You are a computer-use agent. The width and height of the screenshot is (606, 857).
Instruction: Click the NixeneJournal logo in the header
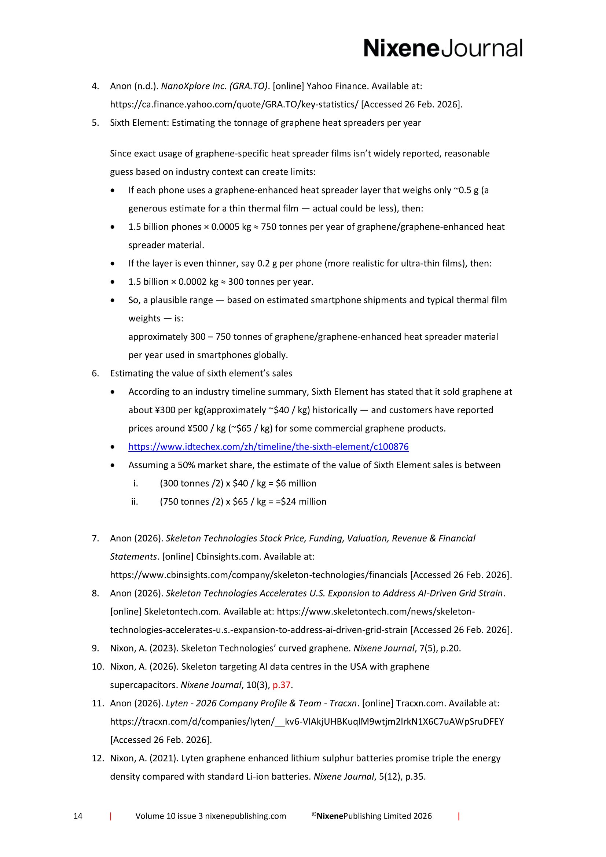(x=443, y=48)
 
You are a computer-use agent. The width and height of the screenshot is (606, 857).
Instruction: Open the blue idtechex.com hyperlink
(x=268, y=446)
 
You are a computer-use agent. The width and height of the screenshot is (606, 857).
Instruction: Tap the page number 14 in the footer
(x=78, y=816)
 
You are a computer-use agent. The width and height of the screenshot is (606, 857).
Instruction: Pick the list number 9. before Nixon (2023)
(x=96, y=649)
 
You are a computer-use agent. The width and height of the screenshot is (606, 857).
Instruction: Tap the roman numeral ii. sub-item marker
(x=135, y=502)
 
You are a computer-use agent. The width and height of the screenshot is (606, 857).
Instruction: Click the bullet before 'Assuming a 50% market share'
(x=113, y=465)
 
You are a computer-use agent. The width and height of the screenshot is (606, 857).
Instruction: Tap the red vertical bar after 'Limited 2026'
(x=459, y=816)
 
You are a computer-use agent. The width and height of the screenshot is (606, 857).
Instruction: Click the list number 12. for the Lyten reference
(x=98, y=758)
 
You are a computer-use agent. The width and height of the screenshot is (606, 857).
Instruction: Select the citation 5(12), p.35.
(x=402, y=777)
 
